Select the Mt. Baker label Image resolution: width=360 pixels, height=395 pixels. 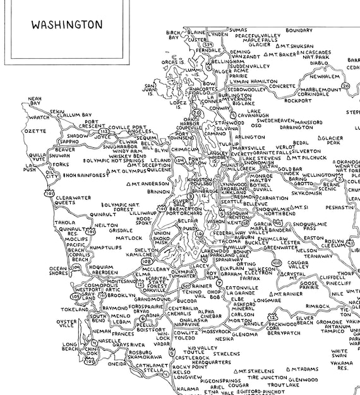coord(282,54)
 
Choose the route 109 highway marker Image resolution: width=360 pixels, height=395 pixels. coord(76,268)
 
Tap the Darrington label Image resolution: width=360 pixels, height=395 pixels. coord(297,126)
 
